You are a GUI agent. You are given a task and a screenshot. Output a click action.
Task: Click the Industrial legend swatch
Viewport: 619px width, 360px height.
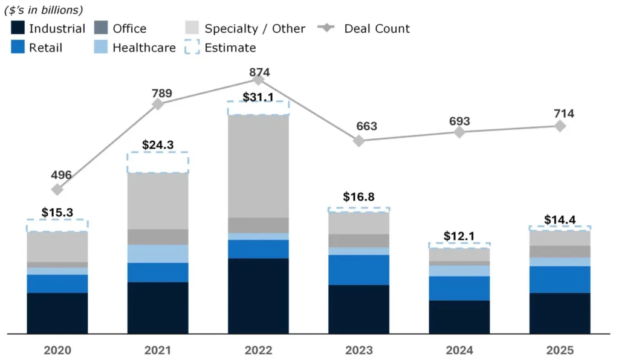pyautogui.click(x=18, y=28)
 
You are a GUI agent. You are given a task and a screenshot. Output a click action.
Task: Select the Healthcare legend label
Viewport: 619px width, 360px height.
pyautogui.click(x=144, y=48)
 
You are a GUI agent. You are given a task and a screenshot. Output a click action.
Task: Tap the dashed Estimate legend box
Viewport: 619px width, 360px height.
pyautogui.click(x=193, y=48)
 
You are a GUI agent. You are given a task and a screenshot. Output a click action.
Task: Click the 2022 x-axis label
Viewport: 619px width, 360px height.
pyautogui.click(x=258, y=350)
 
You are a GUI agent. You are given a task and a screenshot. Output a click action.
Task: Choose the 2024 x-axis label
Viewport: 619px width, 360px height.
pyautogui.click(x=459, y=350)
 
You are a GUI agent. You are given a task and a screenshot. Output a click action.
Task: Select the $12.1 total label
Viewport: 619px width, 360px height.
pyautogui.click(x=459, y=236)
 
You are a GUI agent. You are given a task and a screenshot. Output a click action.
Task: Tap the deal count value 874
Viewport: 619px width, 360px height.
pyautogui.click(x=259, y=72)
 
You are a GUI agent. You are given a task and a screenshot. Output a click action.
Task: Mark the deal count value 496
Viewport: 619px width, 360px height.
pyautogui.click(x=61, y=175)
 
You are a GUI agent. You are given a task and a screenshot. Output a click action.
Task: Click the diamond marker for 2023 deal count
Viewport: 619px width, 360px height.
pyautogui.click(x=359, y=141)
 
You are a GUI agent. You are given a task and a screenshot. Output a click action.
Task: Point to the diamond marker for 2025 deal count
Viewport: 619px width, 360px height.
pyautogui.click(x=560, y=126)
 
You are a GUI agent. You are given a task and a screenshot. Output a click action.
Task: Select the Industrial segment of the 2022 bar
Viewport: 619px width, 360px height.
pyautogui.click(x=258, y=296)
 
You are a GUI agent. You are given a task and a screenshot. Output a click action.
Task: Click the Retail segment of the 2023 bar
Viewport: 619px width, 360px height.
pyautogui.click(x=358, y=270)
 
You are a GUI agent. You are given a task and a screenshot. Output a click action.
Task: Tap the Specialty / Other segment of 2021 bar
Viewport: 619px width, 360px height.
pyautogui.click(x=157, y=201)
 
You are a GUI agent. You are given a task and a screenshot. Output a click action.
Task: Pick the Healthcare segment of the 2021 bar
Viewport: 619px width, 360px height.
pyautogui.click(x=157, y=254)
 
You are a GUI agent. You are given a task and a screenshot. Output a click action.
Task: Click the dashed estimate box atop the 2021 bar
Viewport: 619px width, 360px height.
pyautogui.click(x=157, y=162)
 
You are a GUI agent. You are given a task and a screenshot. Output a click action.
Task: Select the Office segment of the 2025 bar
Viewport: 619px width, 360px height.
pyautogui.click(x=560, y=251)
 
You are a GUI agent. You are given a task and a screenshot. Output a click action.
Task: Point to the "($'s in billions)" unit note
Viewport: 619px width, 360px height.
pyautogui.click(x=44, y=10)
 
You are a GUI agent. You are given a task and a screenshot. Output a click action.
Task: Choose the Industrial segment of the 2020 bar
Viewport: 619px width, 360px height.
pyautogui.click(x=57, y=313)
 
